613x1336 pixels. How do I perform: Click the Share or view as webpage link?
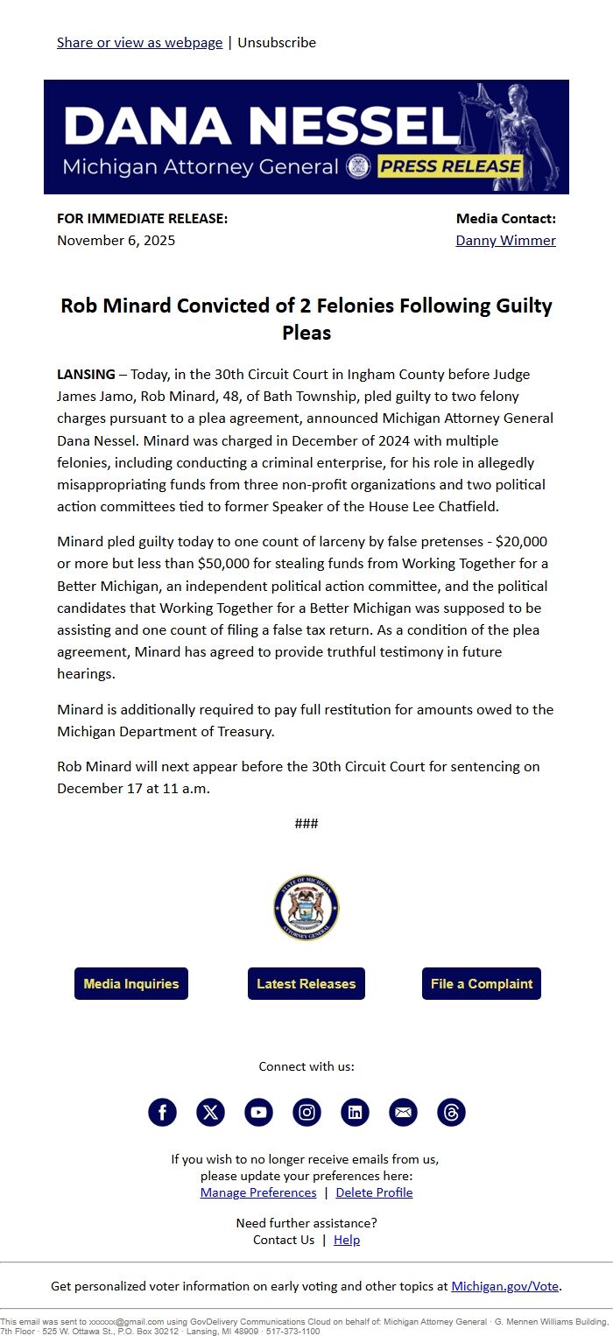[139, 42]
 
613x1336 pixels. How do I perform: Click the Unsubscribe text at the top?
[277, 42]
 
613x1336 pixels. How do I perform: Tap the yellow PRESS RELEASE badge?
[450, 166]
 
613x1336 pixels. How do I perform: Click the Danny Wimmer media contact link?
[505, 240]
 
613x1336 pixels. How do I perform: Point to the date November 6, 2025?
[116, 240]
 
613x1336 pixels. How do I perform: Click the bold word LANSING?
[86, 374]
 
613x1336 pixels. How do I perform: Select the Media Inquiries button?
[131, 983]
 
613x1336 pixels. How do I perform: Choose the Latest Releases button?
[306, 983]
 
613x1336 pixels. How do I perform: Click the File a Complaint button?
[482, 983]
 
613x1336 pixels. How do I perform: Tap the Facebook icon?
[162, 1112]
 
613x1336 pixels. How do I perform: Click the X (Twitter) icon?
[210, 1112]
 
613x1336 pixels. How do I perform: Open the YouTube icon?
[258, 1112]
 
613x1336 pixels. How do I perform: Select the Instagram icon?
[306, 1112]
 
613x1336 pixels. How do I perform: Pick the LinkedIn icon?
[355, 1112]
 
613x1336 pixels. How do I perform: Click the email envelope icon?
[403, 1112]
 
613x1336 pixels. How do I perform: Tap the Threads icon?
[451, 1112]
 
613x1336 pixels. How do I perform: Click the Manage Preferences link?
[258, 1192]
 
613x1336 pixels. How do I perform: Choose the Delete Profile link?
[374, 1192]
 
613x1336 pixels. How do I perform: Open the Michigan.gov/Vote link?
[504, 1286]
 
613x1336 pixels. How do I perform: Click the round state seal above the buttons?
[306, 908]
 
